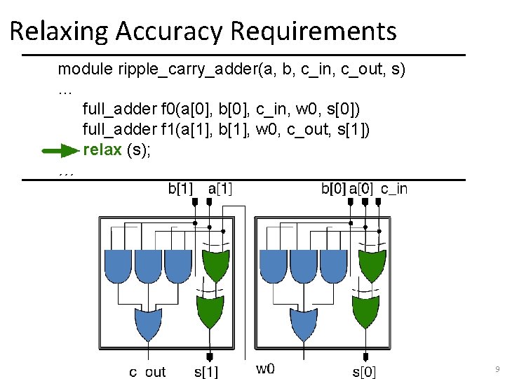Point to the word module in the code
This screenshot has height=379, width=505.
pos(78,69)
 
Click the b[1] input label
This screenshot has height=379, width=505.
pos(182,188)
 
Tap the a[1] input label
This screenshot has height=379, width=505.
pos(221,188)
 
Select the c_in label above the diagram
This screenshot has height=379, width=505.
pos(393,188)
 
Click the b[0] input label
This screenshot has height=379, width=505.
pos(333,188)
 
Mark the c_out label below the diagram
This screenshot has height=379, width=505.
pos(147,371)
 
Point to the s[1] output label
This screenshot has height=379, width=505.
pos(206,371)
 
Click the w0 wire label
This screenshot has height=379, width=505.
pos(265,368)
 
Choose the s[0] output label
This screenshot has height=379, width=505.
pos(364,371)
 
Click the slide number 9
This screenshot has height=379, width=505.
pos(497,368)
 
